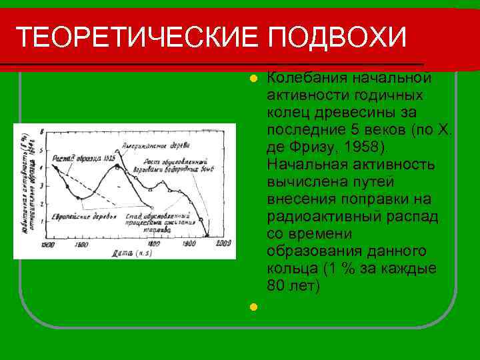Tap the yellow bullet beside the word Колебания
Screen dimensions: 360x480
[x=253, y=79]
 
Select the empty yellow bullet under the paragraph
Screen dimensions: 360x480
[x=253, y=307]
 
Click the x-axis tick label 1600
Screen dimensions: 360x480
[x=81, y=245]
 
